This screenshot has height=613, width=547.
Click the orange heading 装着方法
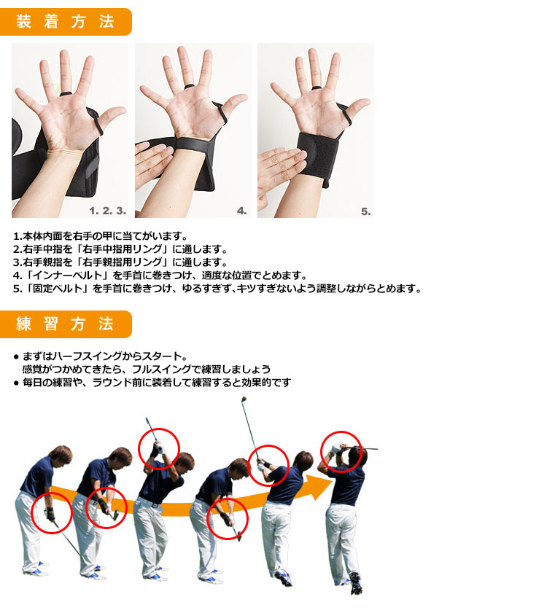coord(65,21)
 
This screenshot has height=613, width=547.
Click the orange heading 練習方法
coord(65,324)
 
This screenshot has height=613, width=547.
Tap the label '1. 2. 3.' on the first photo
coord(108,211)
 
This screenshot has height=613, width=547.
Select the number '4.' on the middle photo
coord(242,211)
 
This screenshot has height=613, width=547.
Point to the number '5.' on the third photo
coord(366,211)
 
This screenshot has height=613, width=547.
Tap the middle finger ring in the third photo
coord(316,87)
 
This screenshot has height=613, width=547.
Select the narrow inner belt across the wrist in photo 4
coord(192,144)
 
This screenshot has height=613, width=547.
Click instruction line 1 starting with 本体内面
coord(101,236)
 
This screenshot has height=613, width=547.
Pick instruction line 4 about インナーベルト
coord(160,276)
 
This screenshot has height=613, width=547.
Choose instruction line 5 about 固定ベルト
coord(217,289)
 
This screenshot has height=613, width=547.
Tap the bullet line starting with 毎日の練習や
coord(152,383)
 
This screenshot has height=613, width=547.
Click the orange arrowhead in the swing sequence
coord(319,487)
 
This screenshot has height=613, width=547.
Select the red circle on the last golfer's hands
coord(341,432)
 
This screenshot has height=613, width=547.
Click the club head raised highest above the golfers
coord(244,400)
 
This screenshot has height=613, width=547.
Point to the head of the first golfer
coord(61,456)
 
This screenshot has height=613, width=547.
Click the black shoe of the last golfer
coord(355,583)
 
